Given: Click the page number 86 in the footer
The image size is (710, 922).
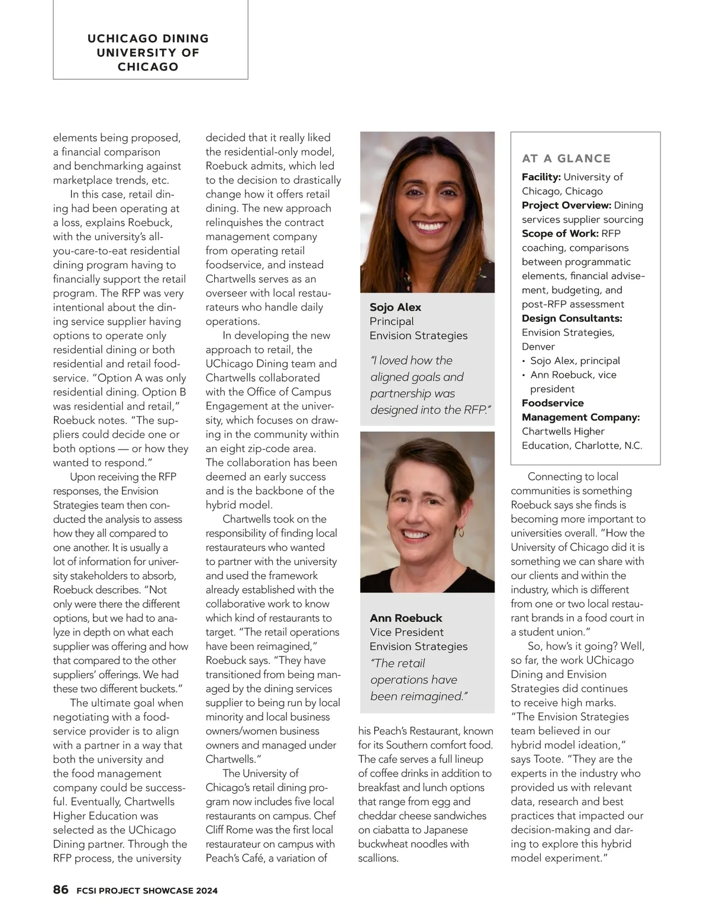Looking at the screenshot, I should pos(61,889).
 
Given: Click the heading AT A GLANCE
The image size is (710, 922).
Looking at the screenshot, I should pos(566,159).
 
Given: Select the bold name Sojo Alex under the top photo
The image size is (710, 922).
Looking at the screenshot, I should pos(395,307).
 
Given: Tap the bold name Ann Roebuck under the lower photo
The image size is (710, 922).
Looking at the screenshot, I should pos(406,618).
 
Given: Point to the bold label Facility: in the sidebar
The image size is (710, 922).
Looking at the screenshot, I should pos(541,177).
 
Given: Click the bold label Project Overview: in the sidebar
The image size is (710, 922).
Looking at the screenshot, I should pos(566,205).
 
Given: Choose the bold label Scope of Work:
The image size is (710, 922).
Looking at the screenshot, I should pos(560,234).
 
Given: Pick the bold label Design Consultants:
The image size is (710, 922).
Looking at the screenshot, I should pos(572,318).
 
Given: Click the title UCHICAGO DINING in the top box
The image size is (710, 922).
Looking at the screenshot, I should pos(148,38).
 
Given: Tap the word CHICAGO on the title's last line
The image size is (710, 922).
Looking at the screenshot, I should pos(148,67).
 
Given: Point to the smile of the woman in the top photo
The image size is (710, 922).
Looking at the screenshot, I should pos(430,226).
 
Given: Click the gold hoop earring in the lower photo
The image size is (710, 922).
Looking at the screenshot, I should pos(461,532).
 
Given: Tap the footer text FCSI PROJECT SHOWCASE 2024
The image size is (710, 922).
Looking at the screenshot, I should pos(147,891).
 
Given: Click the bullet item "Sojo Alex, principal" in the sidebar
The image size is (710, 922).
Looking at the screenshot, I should pos(575,361).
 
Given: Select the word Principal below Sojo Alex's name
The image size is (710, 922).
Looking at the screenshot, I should pos(392,321).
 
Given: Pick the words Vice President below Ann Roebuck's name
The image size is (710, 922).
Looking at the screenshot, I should pos(406,632).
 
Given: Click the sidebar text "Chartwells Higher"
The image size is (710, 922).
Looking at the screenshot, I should pos(563,431).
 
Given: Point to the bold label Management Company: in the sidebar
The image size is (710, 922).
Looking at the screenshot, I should pos(580,417).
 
